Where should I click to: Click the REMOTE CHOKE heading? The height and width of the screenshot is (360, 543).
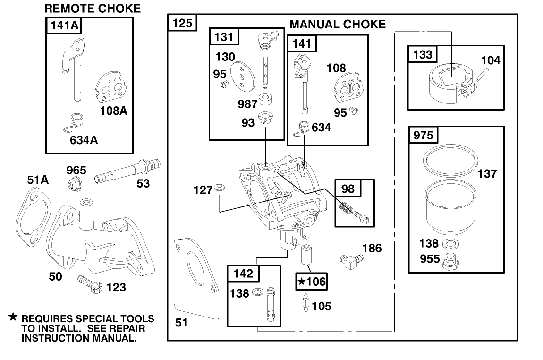[93, 8]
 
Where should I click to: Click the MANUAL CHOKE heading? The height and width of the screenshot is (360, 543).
[337, 24]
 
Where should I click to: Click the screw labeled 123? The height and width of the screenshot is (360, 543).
[88, 284]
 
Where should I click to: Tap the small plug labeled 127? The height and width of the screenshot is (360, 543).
[218, 188]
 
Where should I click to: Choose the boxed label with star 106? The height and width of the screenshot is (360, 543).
[311, 282]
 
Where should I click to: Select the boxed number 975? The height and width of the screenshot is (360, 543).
[423, 135]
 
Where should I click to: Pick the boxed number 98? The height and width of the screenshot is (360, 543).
[348, 188]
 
